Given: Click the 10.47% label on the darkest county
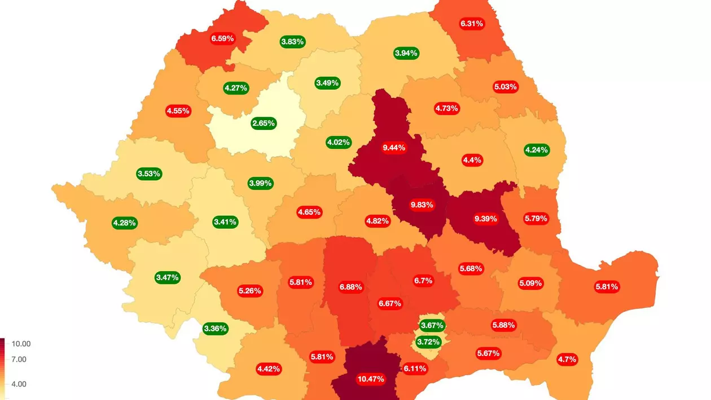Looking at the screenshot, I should coord(371,379).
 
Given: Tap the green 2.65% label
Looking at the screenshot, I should coord(264,123).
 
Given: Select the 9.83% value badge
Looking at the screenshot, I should coord(421,205).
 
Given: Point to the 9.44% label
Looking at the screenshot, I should coord(394,147).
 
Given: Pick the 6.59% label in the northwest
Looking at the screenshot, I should coord(222,38).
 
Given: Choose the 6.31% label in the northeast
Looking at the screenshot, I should coord(472,24).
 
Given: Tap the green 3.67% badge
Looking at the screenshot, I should coord(432,325).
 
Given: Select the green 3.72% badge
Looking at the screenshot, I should coord(428,342).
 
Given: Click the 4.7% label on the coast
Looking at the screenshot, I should coord(567,359).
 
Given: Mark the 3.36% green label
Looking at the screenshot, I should coord(215,328).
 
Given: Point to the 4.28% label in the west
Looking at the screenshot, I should coord(124,223).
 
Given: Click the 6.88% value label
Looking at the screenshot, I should coord(350,287).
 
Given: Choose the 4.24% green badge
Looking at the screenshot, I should coord(537,150).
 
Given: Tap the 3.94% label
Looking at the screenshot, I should coord(406,53).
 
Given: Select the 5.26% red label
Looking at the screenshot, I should coord(249,290).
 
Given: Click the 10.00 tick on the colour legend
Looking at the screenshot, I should coord(21,344).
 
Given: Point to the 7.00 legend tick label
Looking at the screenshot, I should coord(19,359).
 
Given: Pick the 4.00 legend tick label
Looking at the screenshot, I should coord(19,384).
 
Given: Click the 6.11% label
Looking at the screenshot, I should coord(415,368).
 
